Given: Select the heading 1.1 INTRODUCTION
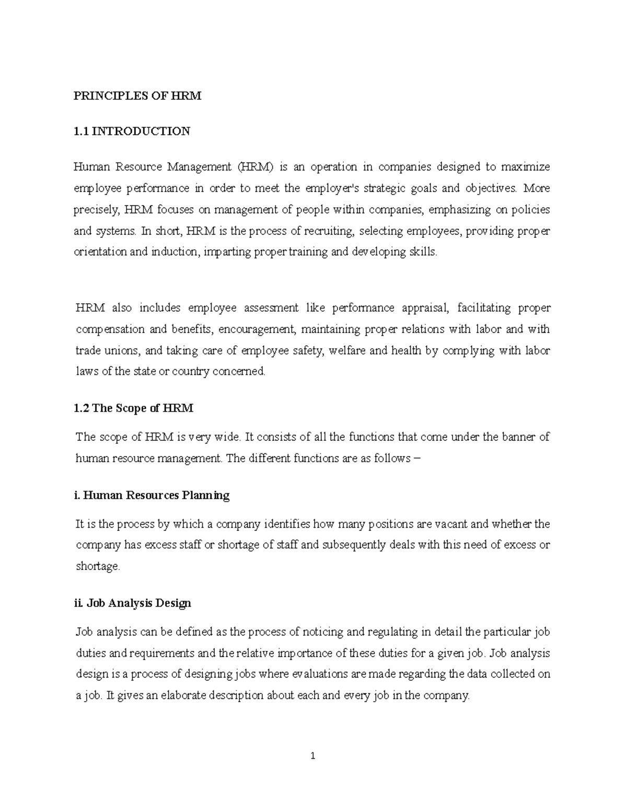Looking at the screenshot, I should coord(132,131).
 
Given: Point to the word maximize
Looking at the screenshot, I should coord(525,167).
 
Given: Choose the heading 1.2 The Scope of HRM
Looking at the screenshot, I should coord(134,408).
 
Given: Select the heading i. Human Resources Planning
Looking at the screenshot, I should coord(153,495).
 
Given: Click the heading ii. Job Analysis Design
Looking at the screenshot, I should coord(133,603).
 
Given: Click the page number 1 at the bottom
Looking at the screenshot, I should coord(313,756).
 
